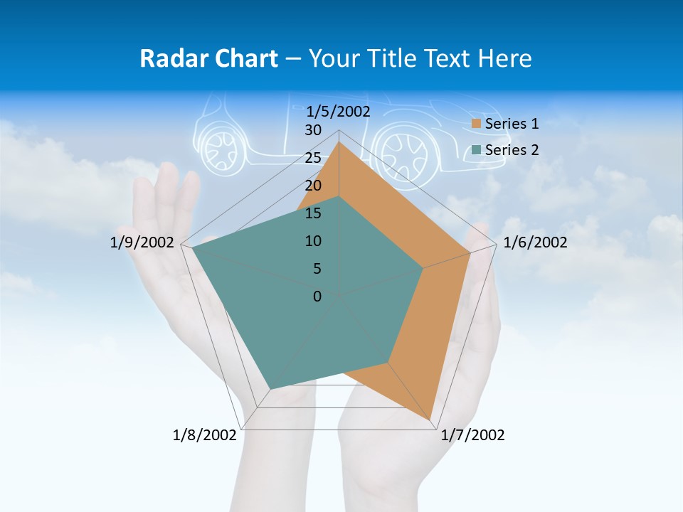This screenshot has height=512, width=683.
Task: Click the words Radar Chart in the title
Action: coord(208,58)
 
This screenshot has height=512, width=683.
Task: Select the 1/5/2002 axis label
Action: coord(339,112)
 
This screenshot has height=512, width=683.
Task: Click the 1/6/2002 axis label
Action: coord(535,243)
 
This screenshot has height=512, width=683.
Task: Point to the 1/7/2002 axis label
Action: coord(472,435)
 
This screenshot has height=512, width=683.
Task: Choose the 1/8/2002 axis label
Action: coord(204,435)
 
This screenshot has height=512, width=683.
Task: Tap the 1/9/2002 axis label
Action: coord(142,243)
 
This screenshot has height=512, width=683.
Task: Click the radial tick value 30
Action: coord(313,130)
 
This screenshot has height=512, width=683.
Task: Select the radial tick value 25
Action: coord(313,158)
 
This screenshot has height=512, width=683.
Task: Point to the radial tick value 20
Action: coord(313,186)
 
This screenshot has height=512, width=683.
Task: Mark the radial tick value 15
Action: coord(313,213)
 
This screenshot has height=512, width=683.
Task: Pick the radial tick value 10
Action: coord(313,241)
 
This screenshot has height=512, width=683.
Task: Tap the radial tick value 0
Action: coord(317,297)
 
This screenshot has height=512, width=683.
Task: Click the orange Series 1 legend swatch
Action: coord(477,124)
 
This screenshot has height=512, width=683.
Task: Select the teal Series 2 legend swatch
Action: coord(477,150)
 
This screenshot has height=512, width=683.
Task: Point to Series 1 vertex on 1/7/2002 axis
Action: coord(430,419)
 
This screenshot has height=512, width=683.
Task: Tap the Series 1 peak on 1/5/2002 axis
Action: coord(339,142)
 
